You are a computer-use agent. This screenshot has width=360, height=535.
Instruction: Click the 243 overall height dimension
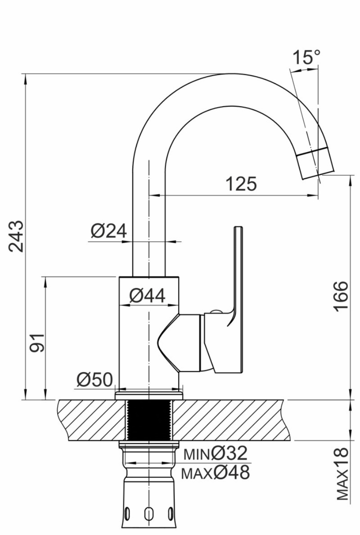[17, 236]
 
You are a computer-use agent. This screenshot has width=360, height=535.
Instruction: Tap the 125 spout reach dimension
[241, 184]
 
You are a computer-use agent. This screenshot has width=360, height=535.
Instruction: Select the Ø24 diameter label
[109, 231]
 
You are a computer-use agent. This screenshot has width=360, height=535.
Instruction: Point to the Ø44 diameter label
[148, 296]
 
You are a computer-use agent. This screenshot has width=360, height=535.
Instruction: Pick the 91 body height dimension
[37, 342]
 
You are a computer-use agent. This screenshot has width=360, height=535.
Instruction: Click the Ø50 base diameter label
[94, 379]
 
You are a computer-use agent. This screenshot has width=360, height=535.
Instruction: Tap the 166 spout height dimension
[341, 296]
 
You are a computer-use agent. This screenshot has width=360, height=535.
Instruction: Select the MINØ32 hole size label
[215, 454]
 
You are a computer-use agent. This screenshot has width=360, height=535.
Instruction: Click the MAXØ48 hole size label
[215, 472]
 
